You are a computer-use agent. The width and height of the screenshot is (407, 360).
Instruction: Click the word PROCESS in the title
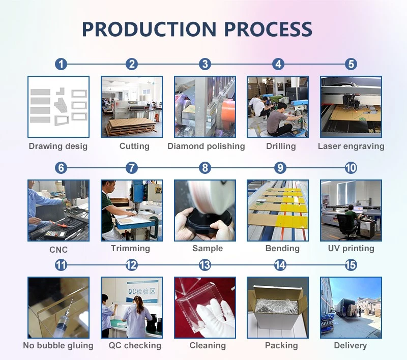(x=268, y=29)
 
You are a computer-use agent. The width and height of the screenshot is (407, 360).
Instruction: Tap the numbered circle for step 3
(x=205, y=64)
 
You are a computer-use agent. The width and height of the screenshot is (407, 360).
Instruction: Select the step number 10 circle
(x=351, y=168)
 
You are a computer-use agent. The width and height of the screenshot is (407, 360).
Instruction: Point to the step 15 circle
(x=351, y=265)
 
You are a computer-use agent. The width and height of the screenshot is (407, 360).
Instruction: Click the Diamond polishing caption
(x=206, y=146)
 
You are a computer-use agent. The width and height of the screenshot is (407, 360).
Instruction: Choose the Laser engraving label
(x=351, y=146)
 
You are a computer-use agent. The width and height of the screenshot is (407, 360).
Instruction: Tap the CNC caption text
(x=59, y=250)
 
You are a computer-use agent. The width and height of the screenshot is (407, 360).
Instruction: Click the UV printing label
(x=351, y=249)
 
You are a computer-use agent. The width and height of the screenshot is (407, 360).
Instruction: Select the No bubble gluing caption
(x=58, y=345)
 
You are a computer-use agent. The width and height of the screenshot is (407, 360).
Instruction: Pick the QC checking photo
(x=132, y=308)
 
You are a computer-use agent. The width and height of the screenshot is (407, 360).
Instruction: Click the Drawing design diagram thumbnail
(x=59, y=107)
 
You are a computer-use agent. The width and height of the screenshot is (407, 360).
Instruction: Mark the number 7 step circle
(x=132, y=168)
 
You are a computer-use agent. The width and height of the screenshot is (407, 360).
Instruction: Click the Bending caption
(x=282, y=249)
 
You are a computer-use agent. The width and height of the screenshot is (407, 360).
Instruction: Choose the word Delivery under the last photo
(x=351, y=345)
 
